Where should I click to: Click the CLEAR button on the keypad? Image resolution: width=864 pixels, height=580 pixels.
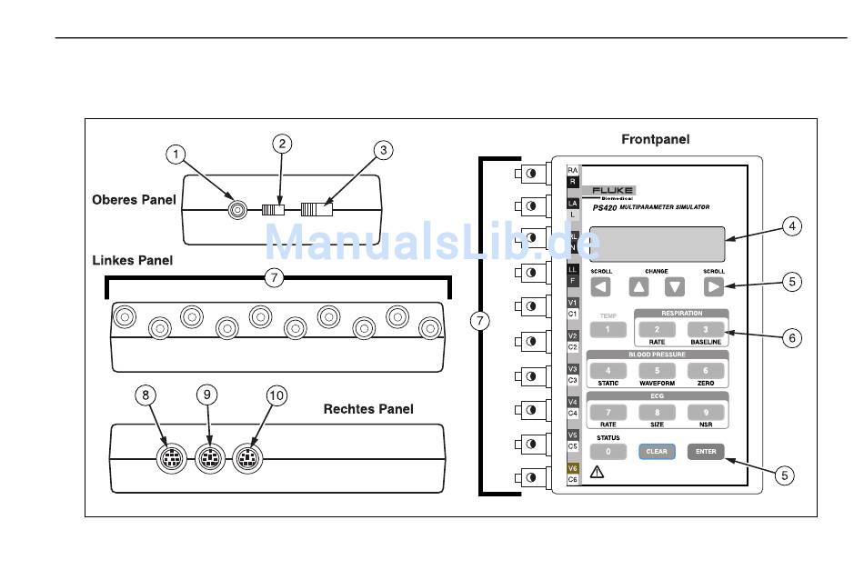pos(656,451)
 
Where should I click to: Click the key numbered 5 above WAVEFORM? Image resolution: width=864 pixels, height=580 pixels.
pos(657,371)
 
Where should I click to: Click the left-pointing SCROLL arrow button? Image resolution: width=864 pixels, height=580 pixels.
pos(601,287)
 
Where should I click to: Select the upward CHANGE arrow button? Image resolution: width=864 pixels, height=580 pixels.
pos(640,287)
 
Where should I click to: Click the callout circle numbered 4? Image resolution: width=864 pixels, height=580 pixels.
pos(793,226)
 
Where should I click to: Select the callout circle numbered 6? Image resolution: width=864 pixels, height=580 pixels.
pos(793,337)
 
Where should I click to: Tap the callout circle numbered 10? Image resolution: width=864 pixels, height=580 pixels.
pos(276,395)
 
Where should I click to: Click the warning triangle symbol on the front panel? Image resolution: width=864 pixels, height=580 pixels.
pos(598,472)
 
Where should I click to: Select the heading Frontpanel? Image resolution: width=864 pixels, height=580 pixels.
pos(655,139)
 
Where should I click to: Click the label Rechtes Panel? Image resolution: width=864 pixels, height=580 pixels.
pos(368,409)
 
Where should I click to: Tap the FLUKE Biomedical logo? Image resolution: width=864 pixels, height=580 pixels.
pos(609,192)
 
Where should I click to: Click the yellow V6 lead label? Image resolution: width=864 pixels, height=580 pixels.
pos(573,468)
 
